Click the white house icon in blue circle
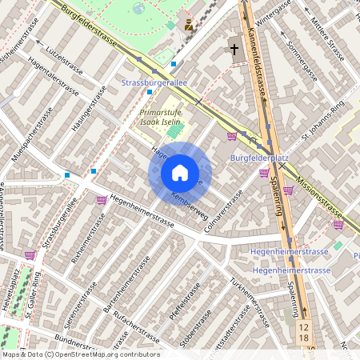click(x=180, y=172)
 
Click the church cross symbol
click(x=235, y=50)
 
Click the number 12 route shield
click(x=304, y=327)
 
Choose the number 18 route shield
click(x=304, y=340)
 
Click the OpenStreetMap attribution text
click(x=80, y=354)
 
